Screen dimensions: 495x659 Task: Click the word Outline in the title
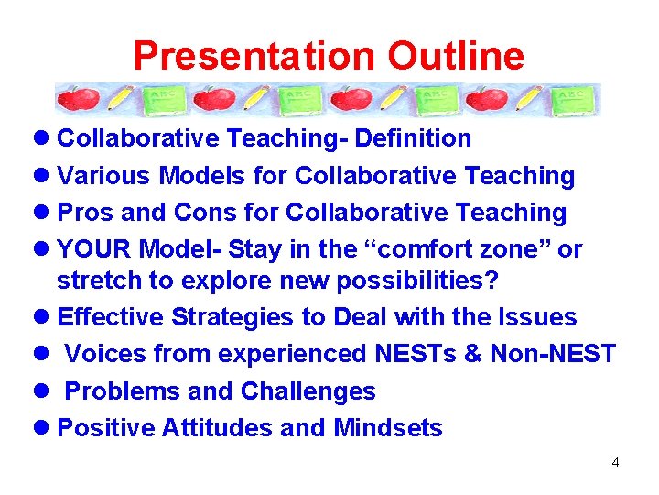coord(456,56)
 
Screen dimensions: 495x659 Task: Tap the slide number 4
coord(615,462)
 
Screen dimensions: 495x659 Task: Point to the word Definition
coord(413,138)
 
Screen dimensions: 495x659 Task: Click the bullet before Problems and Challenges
coord(43,391)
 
